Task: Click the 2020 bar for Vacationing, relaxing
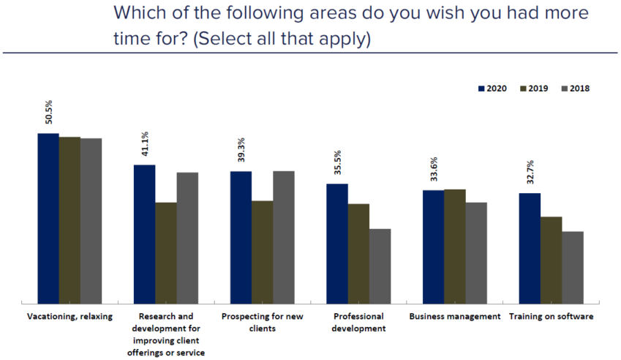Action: [x=48, y=218]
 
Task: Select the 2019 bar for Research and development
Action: [x=166, y=252]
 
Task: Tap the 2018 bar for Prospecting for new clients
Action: [x=284, y=237]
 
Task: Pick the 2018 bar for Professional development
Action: [x=380, y=266]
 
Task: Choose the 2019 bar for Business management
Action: [x=455, y=246]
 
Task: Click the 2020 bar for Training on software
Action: [x=530, y=248]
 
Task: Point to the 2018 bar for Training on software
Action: [x=573, y=267]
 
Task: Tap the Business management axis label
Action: [x=455, y=317]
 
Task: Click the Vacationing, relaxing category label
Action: [x=69, y=317]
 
